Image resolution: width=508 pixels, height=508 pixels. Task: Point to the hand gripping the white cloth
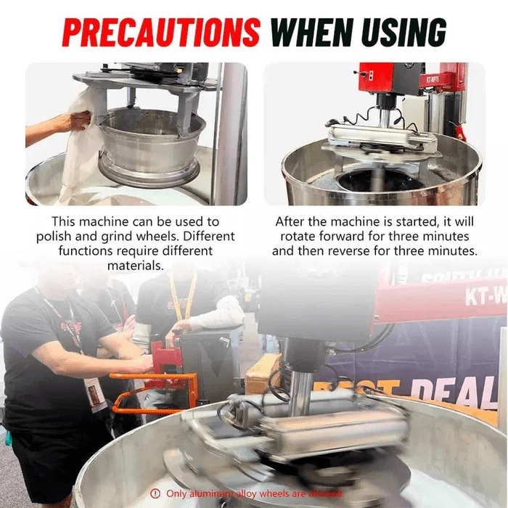coord(73,122)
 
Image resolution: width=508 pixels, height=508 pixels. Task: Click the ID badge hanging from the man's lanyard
coord(94,392)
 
